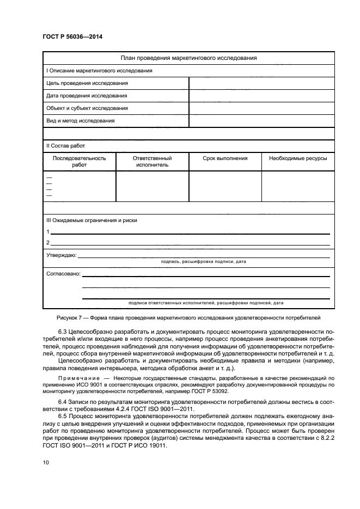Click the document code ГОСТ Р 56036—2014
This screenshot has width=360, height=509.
tap(72, 36)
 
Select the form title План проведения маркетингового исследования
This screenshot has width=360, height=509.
tap(188, 58)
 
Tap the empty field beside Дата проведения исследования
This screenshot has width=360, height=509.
tap(261, 96)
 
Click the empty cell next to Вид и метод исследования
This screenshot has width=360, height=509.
tap(261, 121)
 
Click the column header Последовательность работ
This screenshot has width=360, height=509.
tap(80, 162)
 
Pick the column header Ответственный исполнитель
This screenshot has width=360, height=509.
tap(152, 162)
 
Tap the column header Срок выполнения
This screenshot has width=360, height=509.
tap(225, 158)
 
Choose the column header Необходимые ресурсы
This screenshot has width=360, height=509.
tap(298, 158)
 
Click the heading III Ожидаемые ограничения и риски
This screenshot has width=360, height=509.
tap(91, 220)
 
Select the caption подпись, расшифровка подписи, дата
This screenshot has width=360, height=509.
tap(204, 261)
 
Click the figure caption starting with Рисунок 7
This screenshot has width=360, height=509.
tap(188, 316)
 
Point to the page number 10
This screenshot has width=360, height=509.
tap(46, 463)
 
